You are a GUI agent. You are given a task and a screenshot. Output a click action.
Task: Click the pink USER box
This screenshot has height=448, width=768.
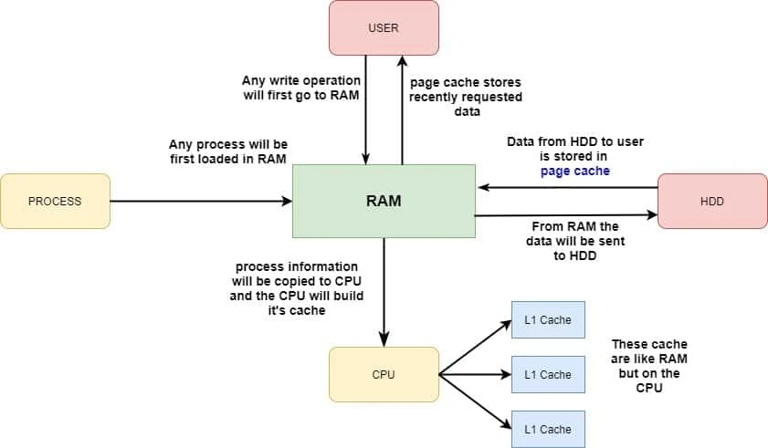click(384, 28)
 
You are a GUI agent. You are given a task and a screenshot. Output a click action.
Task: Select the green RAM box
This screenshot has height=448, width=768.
click(384, 201)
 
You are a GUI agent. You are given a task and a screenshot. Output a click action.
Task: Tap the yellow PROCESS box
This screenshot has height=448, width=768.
click(55, 201)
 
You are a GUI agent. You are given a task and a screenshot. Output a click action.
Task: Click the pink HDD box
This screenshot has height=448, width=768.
click(712, 201)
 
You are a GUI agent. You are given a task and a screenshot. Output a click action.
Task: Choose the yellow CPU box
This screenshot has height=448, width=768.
click(384, 374)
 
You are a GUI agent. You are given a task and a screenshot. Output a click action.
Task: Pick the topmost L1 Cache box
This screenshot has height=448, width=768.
click(548, 320)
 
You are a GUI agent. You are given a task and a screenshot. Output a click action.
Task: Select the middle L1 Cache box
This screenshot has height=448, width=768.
click(548, 374)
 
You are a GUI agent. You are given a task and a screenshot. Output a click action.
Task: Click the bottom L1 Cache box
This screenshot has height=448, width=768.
click(548, 429)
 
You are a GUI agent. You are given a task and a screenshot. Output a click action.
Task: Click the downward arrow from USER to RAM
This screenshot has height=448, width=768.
click(365, 109)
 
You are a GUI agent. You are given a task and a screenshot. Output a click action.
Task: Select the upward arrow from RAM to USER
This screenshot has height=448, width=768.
click(402, 109)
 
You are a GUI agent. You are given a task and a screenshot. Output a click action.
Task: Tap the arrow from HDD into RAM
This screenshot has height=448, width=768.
click(566, 188)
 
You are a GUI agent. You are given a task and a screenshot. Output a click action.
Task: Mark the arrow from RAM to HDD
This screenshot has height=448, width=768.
click(566, 215)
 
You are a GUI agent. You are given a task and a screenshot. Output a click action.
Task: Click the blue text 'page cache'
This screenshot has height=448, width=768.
click(574, 171)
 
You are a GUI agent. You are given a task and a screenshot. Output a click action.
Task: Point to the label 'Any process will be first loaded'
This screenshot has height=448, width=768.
click(228, 151)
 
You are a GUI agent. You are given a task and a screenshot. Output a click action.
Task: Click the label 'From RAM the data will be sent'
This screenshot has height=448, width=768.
click(574, 240)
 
